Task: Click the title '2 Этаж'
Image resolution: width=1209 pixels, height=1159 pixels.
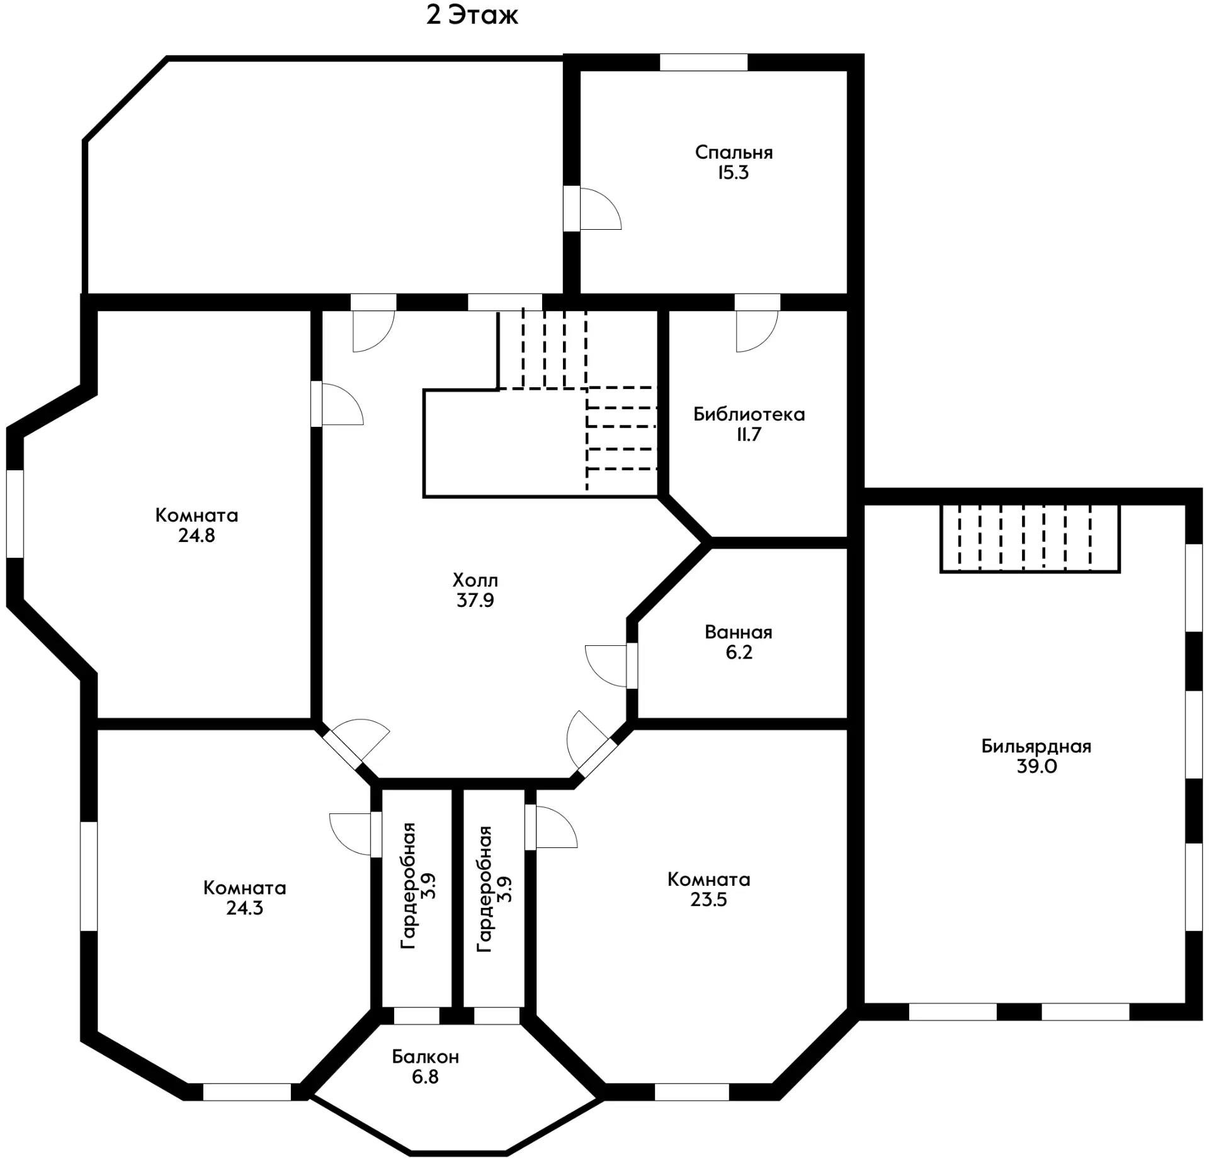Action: coord(472,16)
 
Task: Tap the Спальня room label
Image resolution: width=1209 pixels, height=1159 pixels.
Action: coord(734,152)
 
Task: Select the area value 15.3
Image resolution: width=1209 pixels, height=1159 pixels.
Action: coord(734,173)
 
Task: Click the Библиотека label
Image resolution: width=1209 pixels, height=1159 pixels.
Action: coord(749,414)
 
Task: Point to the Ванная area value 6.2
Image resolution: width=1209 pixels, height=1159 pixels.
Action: coord(739,652)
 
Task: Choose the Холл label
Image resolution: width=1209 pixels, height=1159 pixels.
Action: coord(475,580)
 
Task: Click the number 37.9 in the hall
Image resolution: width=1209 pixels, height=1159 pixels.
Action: coord(475,601)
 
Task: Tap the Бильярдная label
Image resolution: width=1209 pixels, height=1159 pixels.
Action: coord(1036,747)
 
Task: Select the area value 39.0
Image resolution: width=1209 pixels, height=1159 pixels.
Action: coord(1036,767)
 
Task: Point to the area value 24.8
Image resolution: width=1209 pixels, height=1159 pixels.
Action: coord(196,536)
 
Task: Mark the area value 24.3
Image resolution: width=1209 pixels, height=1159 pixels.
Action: coord(244,908)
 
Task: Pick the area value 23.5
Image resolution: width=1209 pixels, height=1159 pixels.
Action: coord(708,900)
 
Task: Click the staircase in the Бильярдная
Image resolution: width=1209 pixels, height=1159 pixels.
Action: coord(1030,538)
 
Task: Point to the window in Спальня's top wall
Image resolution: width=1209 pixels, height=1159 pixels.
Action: coord(703,62)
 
